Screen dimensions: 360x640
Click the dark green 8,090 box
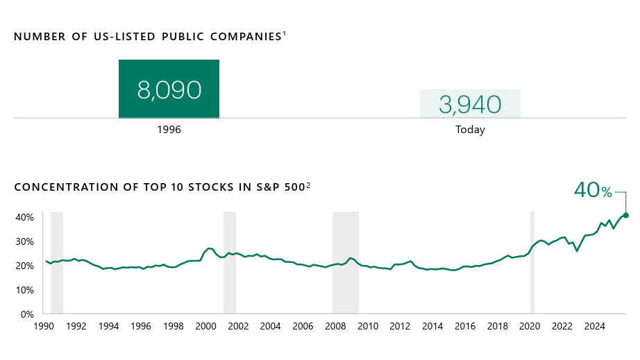click(169, 89)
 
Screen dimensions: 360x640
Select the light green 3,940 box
click(470, 104)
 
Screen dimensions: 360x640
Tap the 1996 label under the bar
click(169, 130)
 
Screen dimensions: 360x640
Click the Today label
click(470, 130)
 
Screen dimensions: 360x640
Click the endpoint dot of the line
click(625, 215)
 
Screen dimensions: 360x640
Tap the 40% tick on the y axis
click(24, 217)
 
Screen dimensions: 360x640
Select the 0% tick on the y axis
click(27, 314)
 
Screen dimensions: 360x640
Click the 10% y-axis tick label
click(24, 290)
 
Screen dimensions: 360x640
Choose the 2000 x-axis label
click(205, 326)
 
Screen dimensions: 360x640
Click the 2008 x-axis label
click(335, 326)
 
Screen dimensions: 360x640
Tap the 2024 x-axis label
click(594, 326)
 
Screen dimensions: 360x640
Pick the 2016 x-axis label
click(464, 326)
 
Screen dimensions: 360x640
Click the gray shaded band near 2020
click(532, 262)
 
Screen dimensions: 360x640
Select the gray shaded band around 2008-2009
click(346, 262)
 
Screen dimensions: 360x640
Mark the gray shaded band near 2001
click(230, 262)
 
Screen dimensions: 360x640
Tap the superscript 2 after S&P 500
click(308, 185)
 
